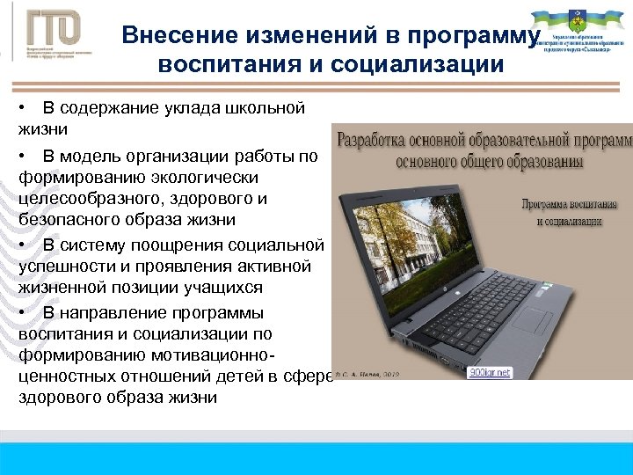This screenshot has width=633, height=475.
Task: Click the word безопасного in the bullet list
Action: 63,219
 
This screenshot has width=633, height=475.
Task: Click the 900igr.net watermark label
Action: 489,372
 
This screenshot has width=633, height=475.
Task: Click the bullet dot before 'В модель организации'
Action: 21,156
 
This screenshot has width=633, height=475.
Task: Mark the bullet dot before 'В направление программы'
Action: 21,313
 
